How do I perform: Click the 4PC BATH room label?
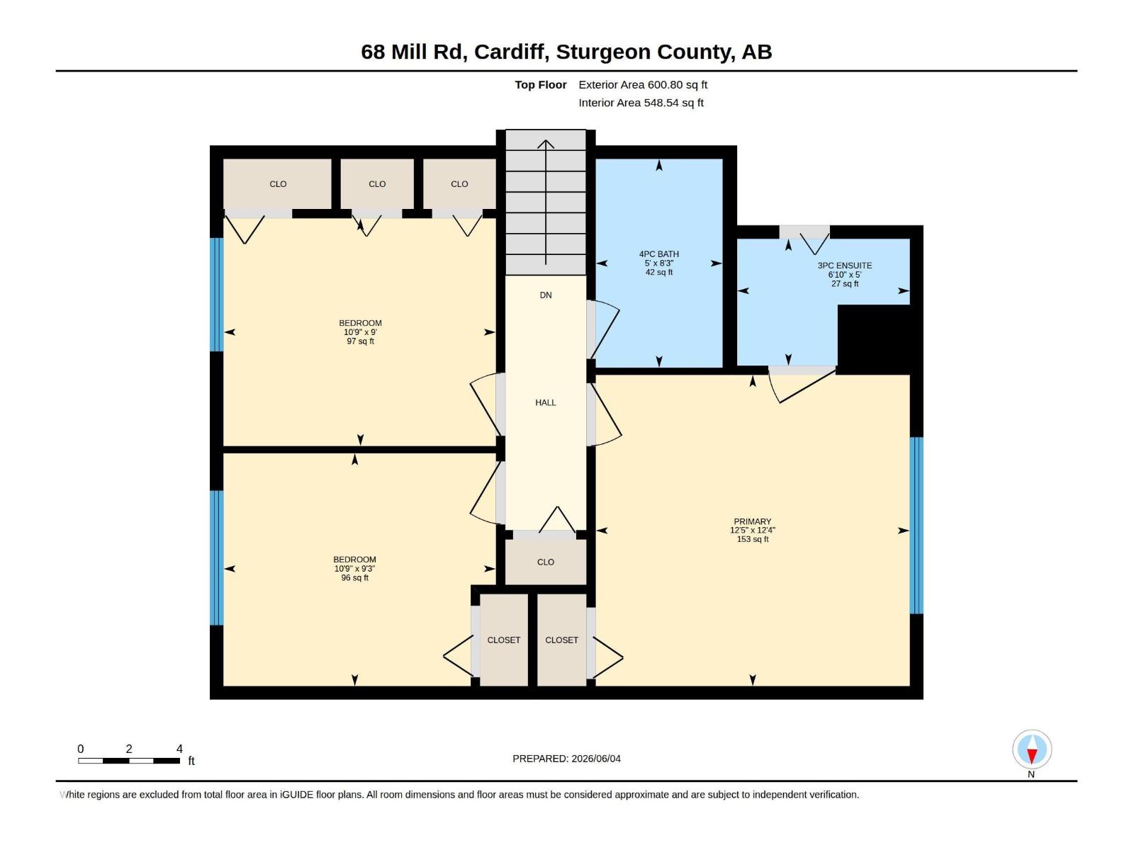[658, 254]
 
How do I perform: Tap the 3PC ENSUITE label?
[844, 265]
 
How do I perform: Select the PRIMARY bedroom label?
[752, 521]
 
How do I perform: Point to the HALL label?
[546, 402]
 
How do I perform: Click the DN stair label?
[546, 295]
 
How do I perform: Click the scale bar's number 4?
[179, 749]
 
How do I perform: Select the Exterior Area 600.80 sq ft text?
[643, 84]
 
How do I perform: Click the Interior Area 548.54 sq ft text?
[641, 103]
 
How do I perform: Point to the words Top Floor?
[540, 84]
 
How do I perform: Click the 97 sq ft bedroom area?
[360, 341]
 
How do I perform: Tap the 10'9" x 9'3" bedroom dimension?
[354, 568]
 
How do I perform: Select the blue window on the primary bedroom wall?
[916, 526]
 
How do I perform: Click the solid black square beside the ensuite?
[874, 339]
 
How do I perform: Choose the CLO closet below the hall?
[546, 562]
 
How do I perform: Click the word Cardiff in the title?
[512, 52]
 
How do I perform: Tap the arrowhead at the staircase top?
[546, 143]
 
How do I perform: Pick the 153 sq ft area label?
[752, 539]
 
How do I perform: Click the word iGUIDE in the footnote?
[296, 795]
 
